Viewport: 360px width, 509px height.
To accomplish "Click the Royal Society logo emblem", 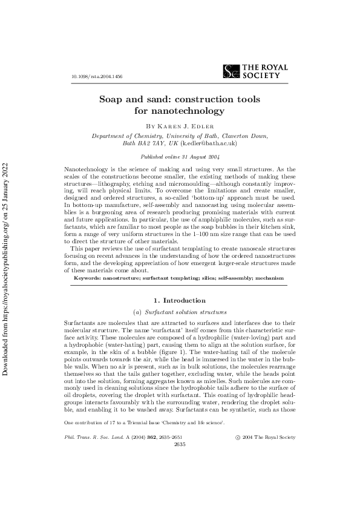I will pyautogui.click(x=231, y=72).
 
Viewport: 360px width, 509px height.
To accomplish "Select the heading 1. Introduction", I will pyautogui.click(x=180, y=300).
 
